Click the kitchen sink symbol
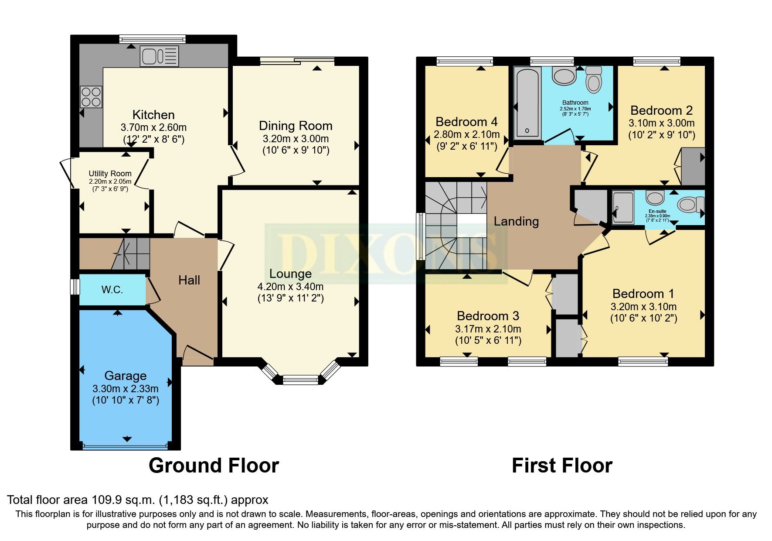tap(159, 57)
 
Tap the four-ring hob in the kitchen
tap(91, 97)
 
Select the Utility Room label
tap(110, 174)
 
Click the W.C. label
tap(112, 290)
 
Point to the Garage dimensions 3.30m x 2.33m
tap(125, 388)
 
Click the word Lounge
tap(290, 274)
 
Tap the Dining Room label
tap(296, 126)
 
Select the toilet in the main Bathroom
tap(594, 79)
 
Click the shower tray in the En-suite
tap(623, 207)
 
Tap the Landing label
tap(516, 222)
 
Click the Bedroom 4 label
tap(466, 122)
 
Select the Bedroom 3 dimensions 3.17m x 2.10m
tap(488, 329)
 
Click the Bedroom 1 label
tap(643, 294)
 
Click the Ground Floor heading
tap(214, 466)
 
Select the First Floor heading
tap(562, 466)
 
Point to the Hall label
tap(189, 280)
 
